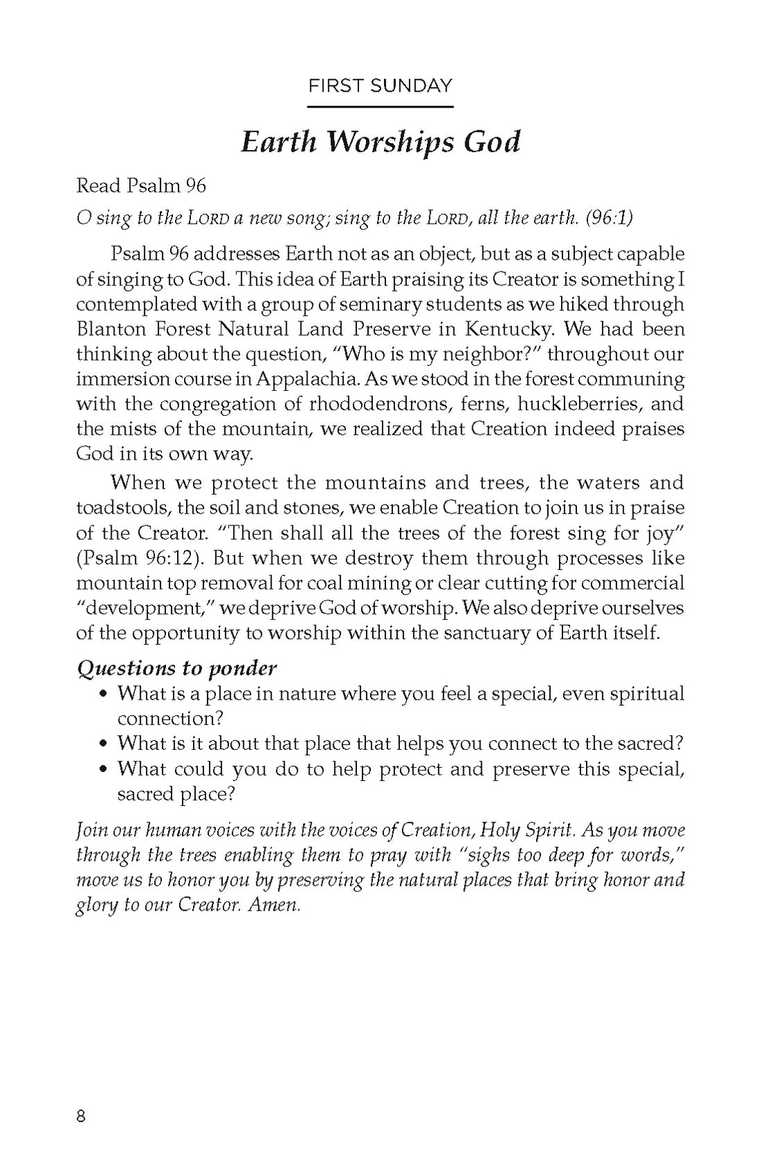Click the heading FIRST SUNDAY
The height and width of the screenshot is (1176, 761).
[x=380, y=86]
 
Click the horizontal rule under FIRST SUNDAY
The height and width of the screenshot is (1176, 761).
[x=380, y=107]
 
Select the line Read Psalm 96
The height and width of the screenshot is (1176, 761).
[x=141, y=185]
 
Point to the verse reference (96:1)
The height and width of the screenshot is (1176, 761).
[x=609, y=217]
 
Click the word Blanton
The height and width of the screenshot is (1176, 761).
[x=109, y=328]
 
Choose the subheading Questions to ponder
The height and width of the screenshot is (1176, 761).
[x=176, y=668]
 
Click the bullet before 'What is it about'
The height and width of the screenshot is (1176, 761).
[x=103, y=744]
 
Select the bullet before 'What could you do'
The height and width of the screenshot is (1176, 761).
[x=103, y=769]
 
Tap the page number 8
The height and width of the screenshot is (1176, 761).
[x=81, y=1116]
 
